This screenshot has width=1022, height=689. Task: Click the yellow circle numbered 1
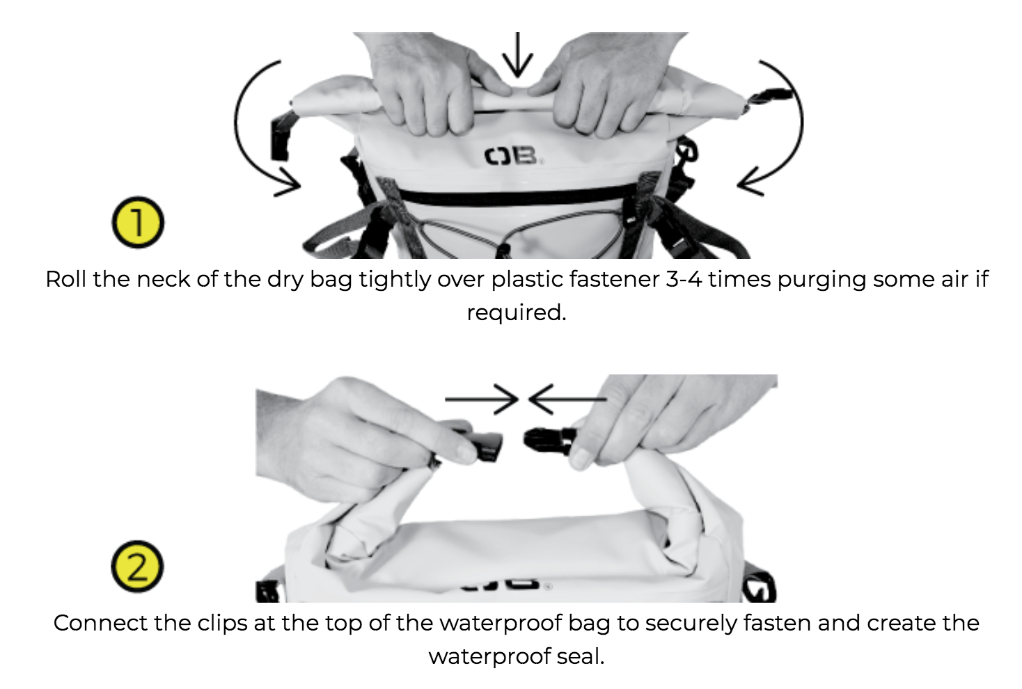point(138,223)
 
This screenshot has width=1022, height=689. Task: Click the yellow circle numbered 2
point(137,567)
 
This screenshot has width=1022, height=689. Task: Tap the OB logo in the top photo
point(513,156)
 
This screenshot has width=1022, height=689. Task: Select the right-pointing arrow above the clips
point(482,399)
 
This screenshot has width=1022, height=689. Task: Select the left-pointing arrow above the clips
point(567,399)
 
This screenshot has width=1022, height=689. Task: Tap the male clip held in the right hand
point(547,441)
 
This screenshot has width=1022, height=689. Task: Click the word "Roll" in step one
point(65,279)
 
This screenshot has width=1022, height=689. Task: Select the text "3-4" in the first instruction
point(684,279)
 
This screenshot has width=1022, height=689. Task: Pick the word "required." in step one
point(517,312)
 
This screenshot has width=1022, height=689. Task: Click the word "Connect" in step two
point(100,623)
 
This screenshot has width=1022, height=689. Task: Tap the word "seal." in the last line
point(581,656)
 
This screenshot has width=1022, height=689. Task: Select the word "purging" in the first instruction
point(821,280)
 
